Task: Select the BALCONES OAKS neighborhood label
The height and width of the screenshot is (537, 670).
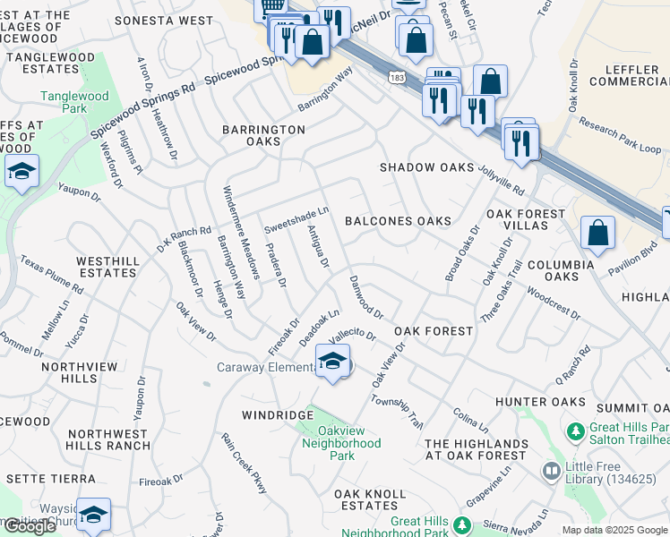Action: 398,220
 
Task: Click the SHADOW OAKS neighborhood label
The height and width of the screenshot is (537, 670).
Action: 426,167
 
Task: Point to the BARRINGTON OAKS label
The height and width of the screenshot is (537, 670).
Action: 264,135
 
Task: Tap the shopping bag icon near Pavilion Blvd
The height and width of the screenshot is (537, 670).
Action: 597,234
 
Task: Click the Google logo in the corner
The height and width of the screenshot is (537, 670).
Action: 30,526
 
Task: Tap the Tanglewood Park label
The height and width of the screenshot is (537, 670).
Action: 74,102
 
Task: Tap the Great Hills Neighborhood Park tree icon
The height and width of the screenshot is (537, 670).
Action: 462,524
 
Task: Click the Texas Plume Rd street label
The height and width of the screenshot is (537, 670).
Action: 52,278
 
